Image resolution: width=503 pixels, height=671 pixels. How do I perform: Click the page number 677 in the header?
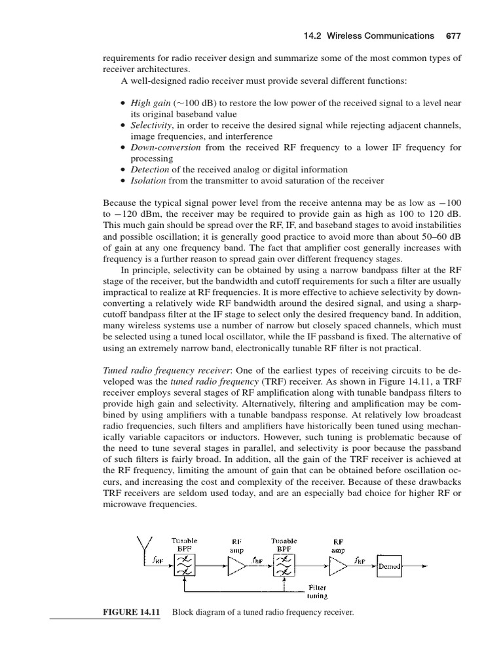pos(453,36)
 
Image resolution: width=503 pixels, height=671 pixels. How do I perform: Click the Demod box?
pos(389,566)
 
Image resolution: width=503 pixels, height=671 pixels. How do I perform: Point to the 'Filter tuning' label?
pos(318,592)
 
